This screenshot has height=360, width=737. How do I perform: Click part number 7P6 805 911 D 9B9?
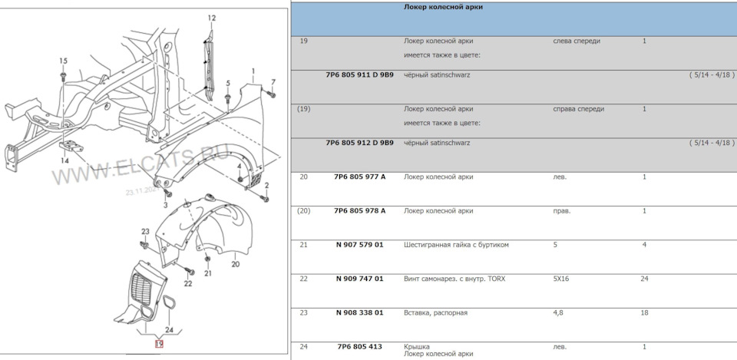[x=359, y=75]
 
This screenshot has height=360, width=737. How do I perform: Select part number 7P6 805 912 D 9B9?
[x=359, y=143]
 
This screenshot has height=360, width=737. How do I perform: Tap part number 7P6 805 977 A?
[x=359, y=177]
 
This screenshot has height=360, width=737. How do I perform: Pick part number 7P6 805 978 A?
[x=359, y=210]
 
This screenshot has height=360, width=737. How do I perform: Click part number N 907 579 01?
[x=359, y=244]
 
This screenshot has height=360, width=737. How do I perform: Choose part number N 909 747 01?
[x=359, y=278]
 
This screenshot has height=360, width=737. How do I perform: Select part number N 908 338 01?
[x=359, y=312]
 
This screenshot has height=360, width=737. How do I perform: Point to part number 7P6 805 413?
[x=359, y=346]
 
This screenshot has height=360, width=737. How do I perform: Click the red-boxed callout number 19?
[x=159, y=344]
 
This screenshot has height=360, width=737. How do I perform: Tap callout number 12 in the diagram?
[x=211, y=18]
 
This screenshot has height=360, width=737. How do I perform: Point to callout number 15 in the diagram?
[x=63, y=61]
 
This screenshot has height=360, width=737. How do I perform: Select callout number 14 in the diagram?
[x=65, y=161]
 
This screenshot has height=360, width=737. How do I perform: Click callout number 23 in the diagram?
[x=144, y=231]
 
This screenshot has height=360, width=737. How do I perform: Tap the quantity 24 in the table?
[x=644, y=278]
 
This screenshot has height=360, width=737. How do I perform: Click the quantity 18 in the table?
[x=644, y=312]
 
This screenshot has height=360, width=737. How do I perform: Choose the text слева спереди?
[x=576, y=41]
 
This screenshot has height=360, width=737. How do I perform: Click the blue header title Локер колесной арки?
[x=443, y=7]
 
